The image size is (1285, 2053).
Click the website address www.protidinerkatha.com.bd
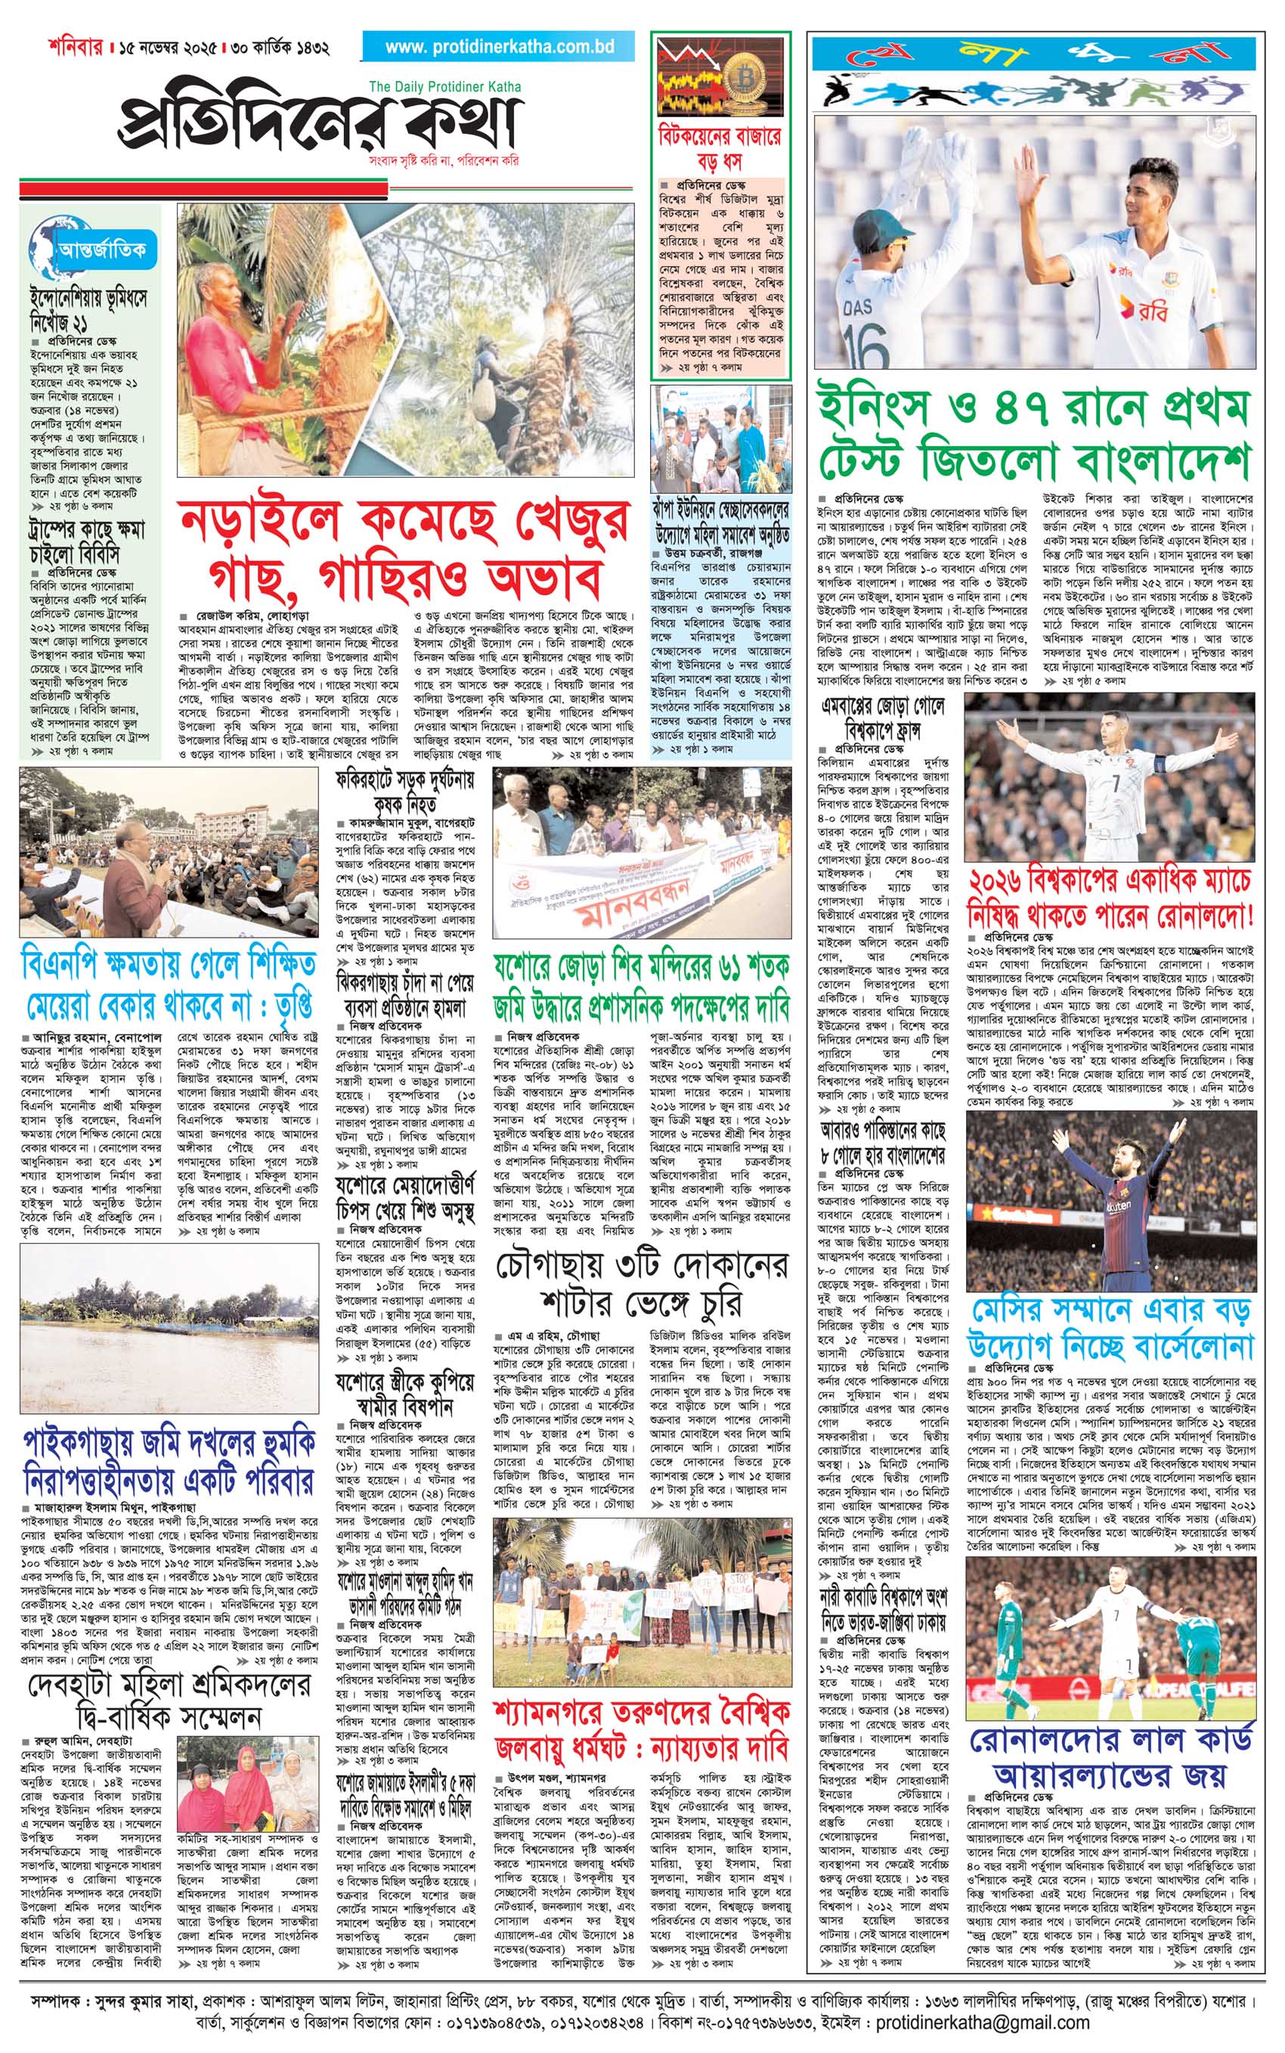pyautogui.click(x=499, y=48)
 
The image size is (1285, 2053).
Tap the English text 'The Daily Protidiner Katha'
pyautogui.click(x=445, y=87)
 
